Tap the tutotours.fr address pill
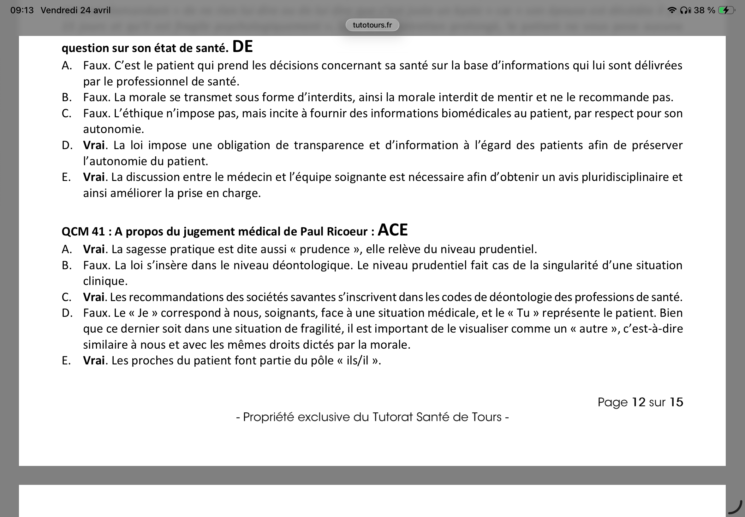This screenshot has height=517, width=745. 372,25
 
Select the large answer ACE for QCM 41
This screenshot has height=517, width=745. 392,230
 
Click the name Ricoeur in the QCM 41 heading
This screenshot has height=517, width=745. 347,232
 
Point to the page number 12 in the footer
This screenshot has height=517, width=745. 639,402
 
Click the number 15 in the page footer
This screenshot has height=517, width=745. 676,402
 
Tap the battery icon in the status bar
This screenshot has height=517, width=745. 725,10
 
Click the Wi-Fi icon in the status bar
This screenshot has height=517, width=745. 672,10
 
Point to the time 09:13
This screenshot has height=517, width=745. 22,10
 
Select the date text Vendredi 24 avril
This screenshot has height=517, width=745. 75,10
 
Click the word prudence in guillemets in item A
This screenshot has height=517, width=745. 325,249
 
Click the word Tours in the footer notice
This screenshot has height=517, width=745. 486,417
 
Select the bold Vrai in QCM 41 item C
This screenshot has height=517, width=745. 94,297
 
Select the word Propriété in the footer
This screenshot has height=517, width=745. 268,417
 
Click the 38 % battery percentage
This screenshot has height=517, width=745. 704,10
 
